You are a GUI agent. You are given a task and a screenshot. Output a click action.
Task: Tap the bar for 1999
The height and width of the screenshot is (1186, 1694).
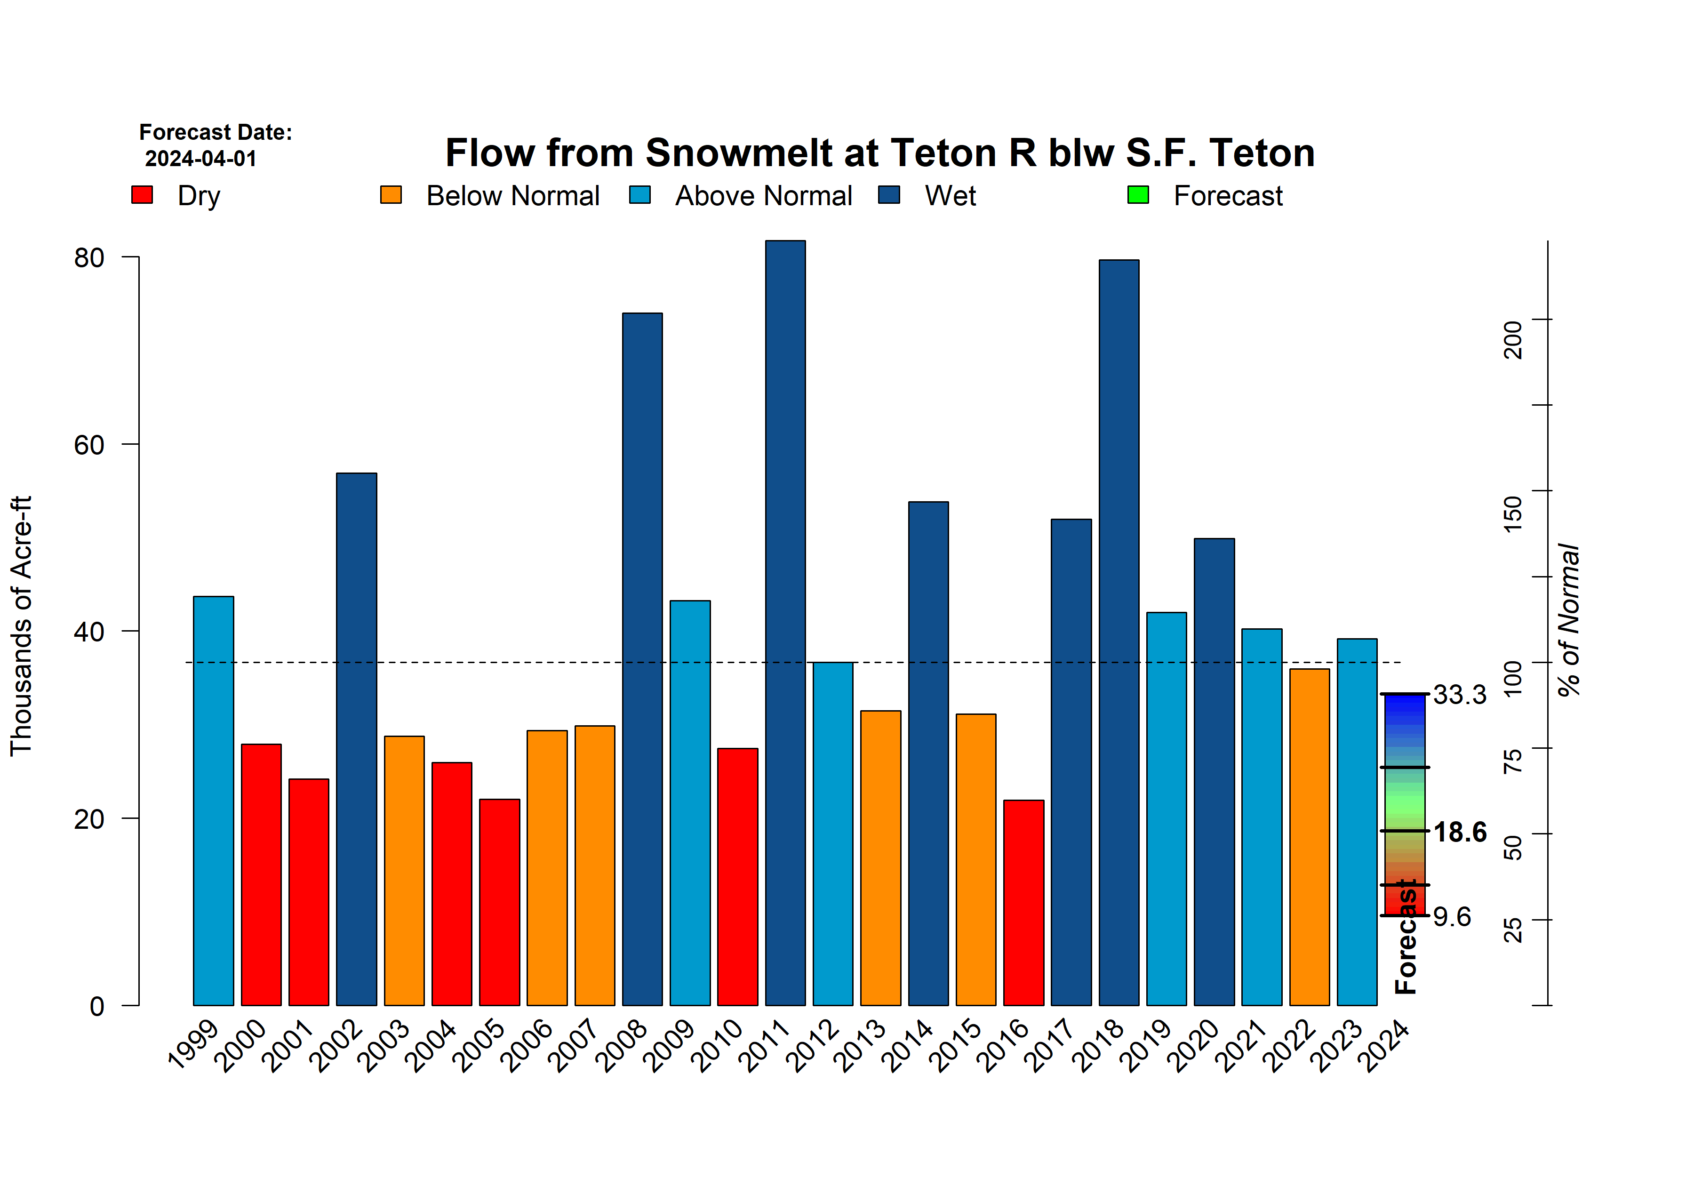pos(213,800)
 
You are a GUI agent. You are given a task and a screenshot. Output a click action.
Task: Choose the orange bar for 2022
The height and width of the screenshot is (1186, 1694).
pos(1309,836)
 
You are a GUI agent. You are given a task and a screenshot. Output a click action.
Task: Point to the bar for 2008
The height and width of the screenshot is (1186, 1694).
pos(642,658)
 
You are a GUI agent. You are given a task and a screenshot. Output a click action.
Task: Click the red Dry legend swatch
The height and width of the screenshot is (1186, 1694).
pos(142,195)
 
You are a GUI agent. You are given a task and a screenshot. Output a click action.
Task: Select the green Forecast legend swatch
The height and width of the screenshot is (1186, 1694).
pos(1138,195)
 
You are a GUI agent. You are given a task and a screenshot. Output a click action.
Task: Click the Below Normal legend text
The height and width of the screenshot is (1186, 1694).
pos(513,196)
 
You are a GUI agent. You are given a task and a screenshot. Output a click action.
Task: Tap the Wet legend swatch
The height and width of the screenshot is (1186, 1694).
pos(889,195)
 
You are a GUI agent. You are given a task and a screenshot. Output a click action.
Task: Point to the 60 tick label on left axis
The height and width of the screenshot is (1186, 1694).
pos(89,445)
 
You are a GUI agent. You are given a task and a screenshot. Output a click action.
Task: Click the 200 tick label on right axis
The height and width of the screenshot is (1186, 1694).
pos(1512,339)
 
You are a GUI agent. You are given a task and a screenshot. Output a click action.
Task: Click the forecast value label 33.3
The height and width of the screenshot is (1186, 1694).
pos(1459,695)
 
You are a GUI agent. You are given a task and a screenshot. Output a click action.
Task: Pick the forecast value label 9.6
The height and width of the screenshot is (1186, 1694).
pos(1452,917)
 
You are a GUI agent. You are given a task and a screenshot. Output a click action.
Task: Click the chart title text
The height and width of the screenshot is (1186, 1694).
pos(879,153)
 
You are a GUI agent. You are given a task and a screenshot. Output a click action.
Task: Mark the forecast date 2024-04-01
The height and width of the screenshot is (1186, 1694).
pos(200,159)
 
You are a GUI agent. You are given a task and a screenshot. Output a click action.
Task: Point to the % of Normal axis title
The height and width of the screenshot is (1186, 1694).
pos(1568,620)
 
